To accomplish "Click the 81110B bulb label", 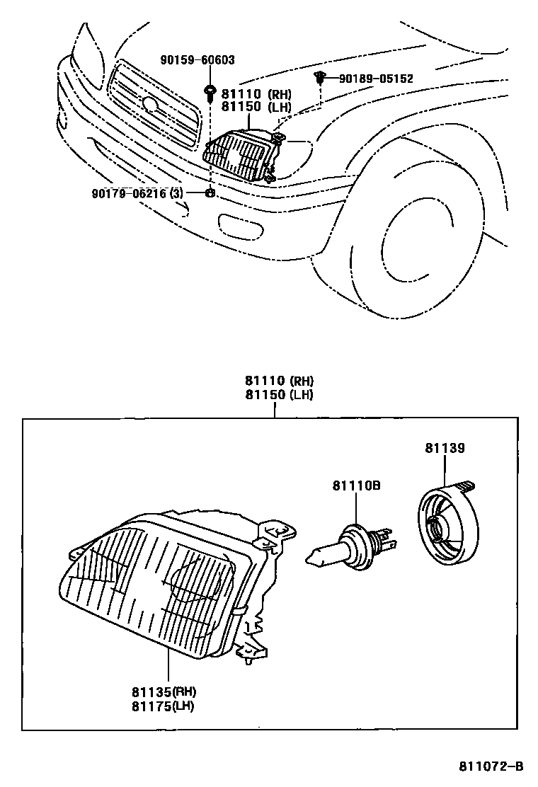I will pyautogui.click(x=357, y=486).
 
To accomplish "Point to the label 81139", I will pyautogui.click(x=445, y=448).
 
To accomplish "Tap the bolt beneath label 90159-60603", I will pyautogui.click(x=210, y=91).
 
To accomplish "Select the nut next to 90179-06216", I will pyautogui.click(x=210, y=193).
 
